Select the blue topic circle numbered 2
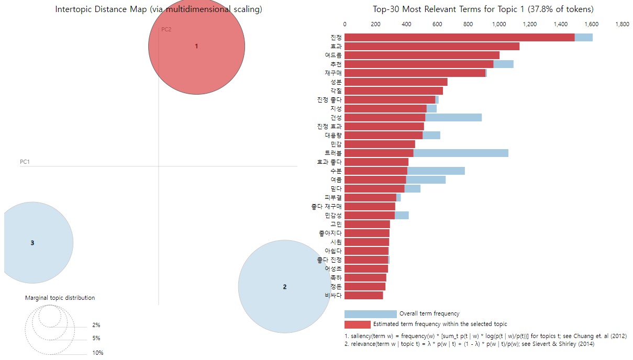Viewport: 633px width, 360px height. [284, 286]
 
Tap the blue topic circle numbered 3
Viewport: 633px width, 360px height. [32, 243]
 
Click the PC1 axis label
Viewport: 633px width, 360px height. [25, 162]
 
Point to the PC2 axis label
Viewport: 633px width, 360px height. [166, 29]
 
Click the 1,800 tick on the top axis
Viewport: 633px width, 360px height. [622, 24]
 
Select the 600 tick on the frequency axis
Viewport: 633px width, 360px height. [437, 24]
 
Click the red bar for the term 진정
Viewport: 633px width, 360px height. [459, 37]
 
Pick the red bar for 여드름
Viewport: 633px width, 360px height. [421, 55]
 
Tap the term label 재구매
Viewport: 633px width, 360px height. [333, 73]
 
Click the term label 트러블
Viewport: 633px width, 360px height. [333, 153]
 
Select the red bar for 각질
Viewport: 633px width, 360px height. [393, 91]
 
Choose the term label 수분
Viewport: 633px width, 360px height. [336, 171]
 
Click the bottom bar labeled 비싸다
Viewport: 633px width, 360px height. [363, 295]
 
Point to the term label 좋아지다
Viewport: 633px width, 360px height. [330, 233]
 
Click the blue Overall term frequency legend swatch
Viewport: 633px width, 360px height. [370, 314]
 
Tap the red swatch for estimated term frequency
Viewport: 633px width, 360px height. [357, 324]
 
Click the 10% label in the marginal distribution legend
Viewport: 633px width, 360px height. [97, 353]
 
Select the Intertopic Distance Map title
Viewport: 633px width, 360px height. [159, 9]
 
